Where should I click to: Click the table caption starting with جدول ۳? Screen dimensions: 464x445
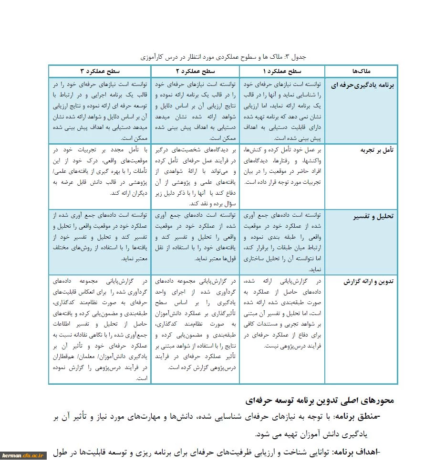223,57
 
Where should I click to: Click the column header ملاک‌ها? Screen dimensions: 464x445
361,71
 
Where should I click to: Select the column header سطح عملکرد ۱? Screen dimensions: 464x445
282,71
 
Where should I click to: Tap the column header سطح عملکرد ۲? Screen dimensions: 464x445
195,71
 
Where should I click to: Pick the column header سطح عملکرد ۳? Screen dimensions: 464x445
99,71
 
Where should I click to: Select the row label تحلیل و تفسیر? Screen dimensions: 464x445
373,216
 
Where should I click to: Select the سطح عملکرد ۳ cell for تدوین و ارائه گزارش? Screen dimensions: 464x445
99,329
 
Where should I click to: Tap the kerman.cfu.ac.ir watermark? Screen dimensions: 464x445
23,456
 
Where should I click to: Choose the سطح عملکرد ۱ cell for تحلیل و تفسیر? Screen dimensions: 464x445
282,242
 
